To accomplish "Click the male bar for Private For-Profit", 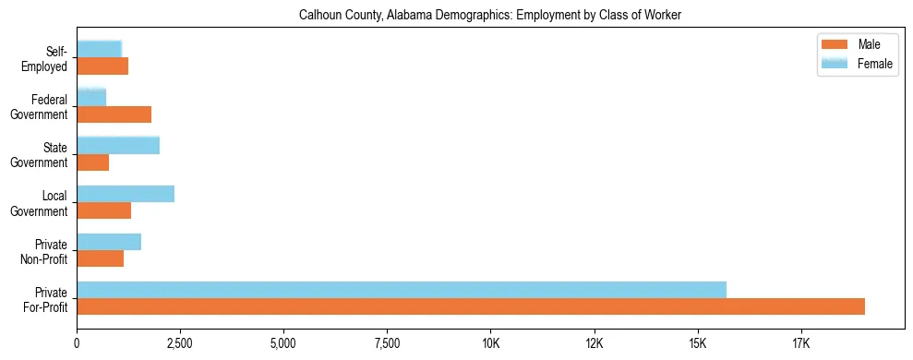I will click(471, 306).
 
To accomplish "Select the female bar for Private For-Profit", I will click(402, 289).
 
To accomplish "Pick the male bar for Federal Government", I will click(114, 114).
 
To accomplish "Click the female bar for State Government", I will click(118, 145).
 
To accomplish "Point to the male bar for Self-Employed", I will click(102, 66).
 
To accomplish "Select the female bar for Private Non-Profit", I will click(109, 241).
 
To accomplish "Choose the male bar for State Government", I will click(92, 162).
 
